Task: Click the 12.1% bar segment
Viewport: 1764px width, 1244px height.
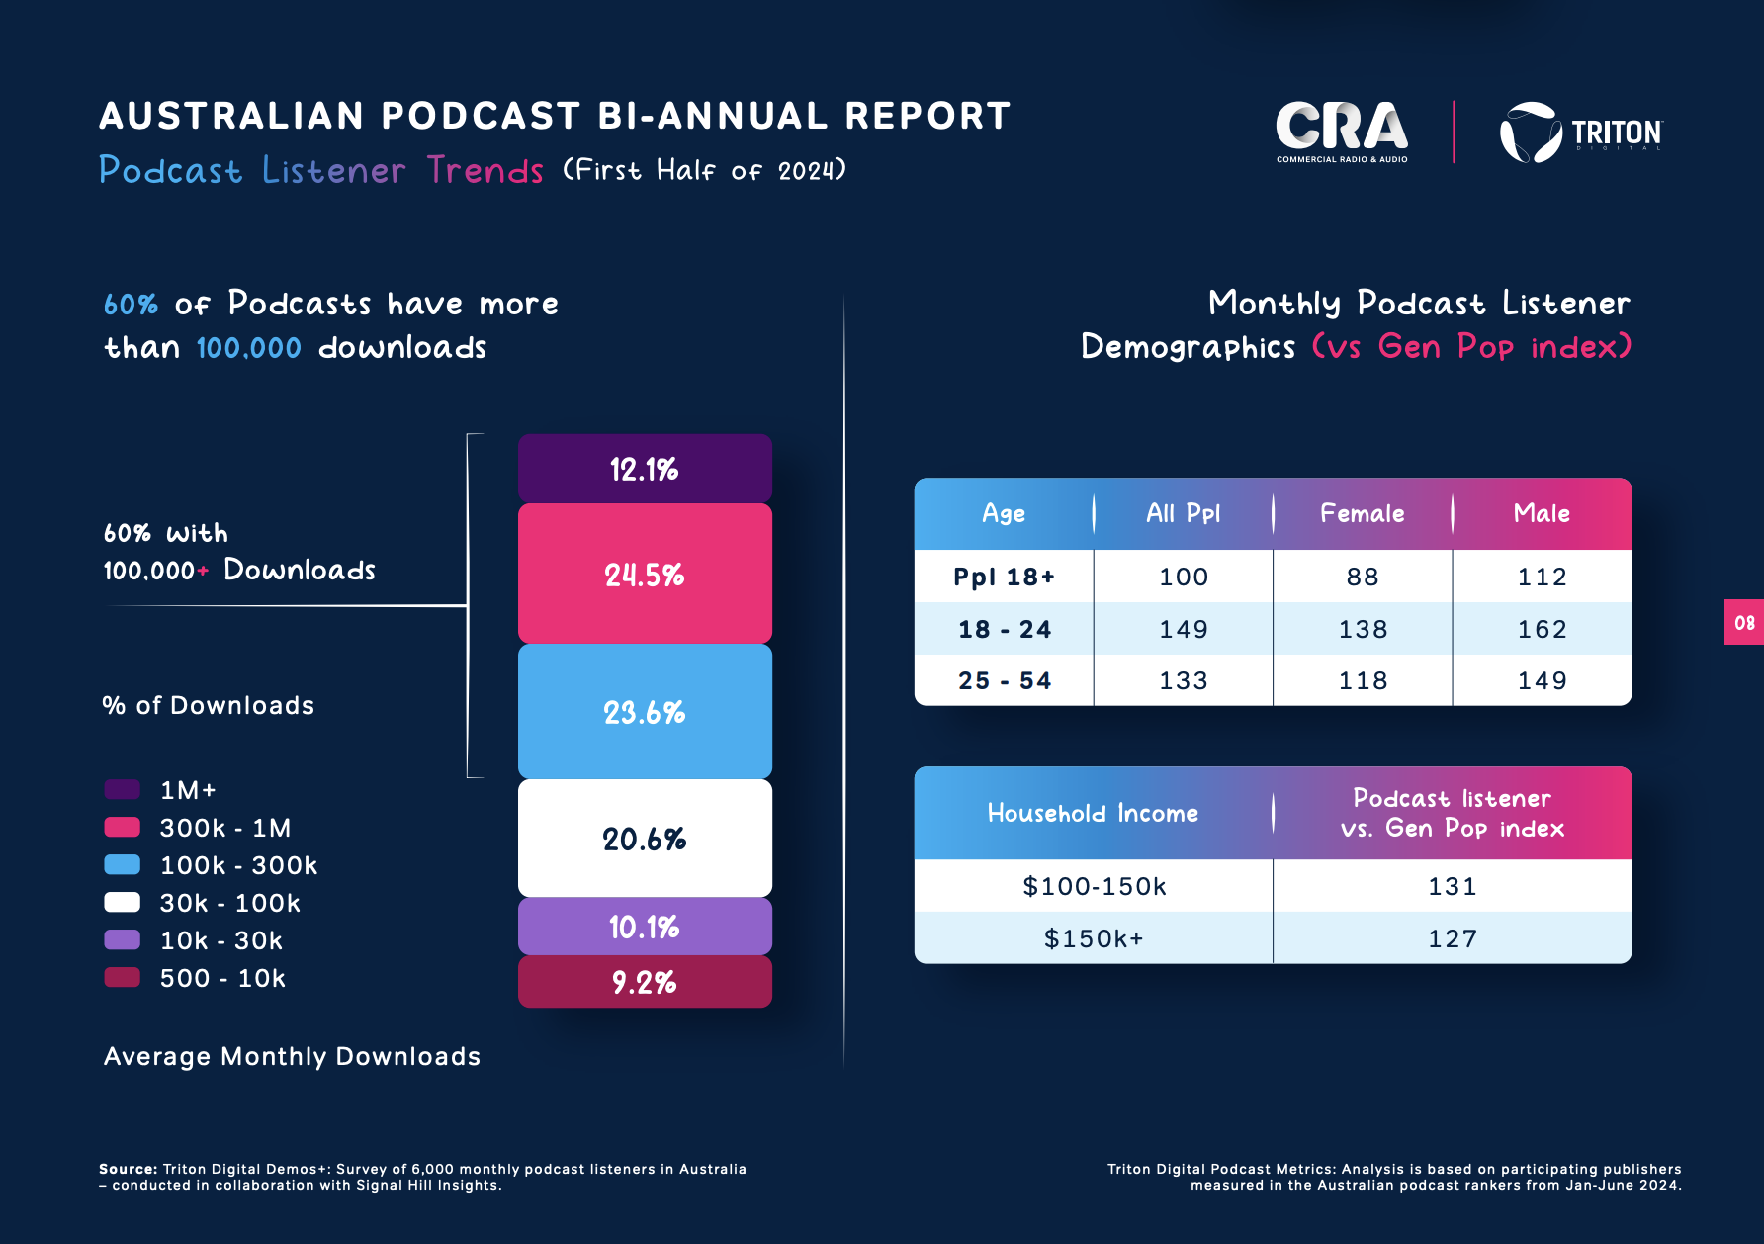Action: (x=645, y=468)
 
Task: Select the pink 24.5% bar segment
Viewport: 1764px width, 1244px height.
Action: (x=645, y=574)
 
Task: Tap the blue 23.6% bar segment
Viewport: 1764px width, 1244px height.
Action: (x=645, y=712)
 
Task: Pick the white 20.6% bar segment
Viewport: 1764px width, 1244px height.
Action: (x=645, y=839)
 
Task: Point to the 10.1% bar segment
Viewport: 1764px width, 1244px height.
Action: (x=645, y=927)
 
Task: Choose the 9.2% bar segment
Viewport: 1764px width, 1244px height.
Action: (x=645, y=982)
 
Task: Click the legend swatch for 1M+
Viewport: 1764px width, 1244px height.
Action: (x=122, y=789)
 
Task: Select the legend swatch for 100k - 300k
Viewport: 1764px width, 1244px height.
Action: (x=122, y=864)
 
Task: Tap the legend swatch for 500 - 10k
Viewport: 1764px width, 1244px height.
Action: (x=122, y=977)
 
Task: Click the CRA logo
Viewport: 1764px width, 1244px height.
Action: (x=1342, y=132)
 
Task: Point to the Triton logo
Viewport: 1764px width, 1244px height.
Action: (x=1581, y=133)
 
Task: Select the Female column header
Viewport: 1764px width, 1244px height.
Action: (x=1363, y=513)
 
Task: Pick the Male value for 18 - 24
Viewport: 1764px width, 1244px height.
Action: (x=1542, y=629)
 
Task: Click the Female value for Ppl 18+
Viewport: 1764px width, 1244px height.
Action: (x=1363, y=577)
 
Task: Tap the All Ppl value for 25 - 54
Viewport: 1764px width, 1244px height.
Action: (x=1184, y=680)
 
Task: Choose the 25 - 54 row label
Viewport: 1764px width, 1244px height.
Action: (x=1005, y=680)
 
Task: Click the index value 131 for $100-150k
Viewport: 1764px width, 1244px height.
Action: (x=1453, y=886)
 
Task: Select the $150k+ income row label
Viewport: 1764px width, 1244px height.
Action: (x=1094, y=938)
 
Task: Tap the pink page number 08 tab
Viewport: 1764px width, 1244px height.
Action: (x=1744, y=622)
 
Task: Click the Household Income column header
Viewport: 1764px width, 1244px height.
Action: (x=1093, y=813)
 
